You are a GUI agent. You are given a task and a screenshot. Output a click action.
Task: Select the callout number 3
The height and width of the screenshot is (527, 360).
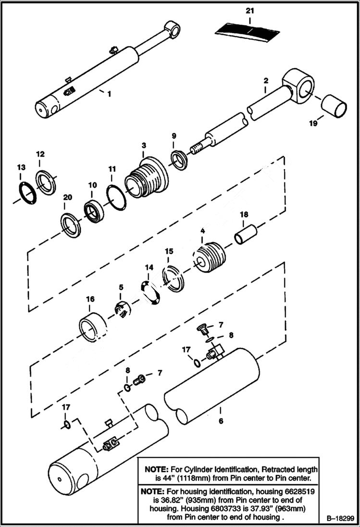pyautogui.click(x=144, y=146)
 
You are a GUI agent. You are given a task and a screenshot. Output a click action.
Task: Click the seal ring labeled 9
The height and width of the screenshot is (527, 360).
pyautogui.click(x=179, y=160)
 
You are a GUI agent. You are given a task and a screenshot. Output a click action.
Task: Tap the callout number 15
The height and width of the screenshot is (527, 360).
pyautogui.click(x=169, y=251)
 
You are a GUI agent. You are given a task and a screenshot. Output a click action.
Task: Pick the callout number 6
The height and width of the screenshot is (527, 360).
pyautogui.click(x=221, y=421)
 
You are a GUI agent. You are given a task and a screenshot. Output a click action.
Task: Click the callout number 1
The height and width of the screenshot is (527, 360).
pyautogui.click(x=109, y=94)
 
